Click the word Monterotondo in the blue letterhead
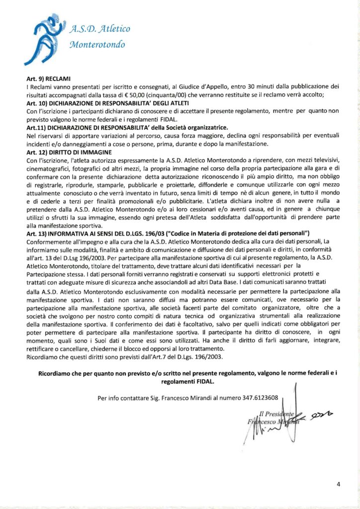97,45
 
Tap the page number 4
338,484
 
